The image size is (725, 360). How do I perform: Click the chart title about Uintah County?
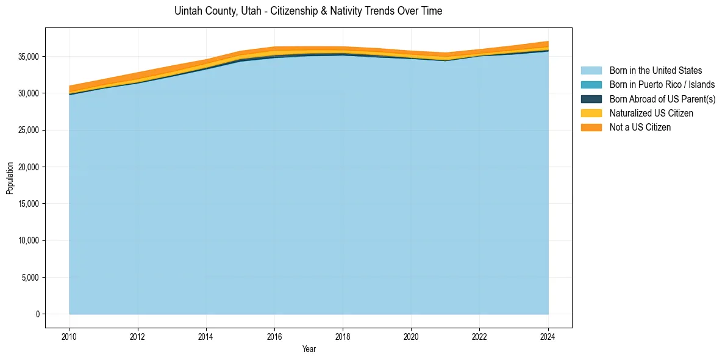coord(308,11)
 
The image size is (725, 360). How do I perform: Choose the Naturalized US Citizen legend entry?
coord(651,113)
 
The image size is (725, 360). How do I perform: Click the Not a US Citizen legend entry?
coord(640,127)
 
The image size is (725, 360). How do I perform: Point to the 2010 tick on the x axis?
coord(70,336)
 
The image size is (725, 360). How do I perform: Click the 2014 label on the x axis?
coord(206,336)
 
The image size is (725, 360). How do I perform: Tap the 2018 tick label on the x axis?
coord(343,336)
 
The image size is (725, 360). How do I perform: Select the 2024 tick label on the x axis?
coord(548,336)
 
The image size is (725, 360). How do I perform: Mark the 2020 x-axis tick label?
coord(411,336)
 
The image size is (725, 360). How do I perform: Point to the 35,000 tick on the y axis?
coord(28,57)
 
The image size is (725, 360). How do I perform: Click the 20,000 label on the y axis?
coord(28,167)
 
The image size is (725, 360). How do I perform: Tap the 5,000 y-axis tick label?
coord(30,278)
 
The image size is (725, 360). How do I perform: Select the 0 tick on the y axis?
coord(37,314)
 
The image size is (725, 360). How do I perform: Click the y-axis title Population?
coord(9,178)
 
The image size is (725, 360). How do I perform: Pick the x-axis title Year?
coord(309,349)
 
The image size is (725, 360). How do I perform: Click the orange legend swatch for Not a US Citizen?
coord(591,127)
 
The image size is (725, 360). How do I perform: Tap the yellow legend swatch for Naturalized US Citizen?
coord(591,113)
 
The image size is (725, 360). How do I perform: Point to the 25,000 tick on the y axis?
coord(28,130)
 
